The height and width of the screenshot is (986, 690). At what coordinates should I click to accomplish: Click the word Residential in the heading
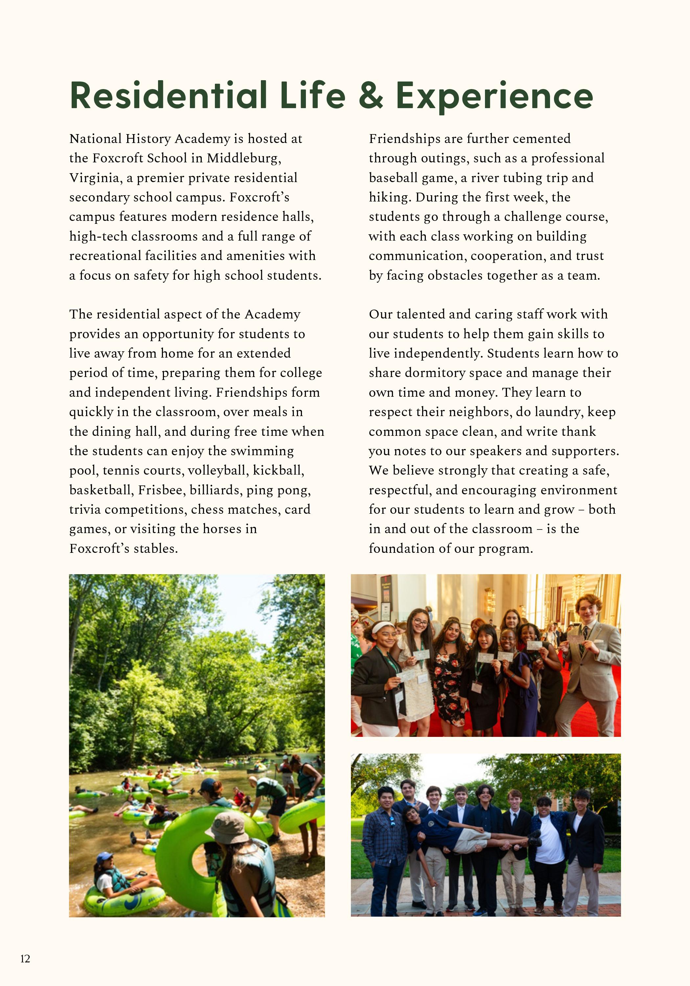(x=168, y=95)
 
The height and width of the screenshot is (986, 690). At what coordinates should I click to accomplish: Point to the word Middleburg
(x=243, y=158)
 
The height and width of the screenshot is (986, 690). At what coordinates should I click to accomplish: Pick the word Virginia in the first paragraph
(x=94, y=178)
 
